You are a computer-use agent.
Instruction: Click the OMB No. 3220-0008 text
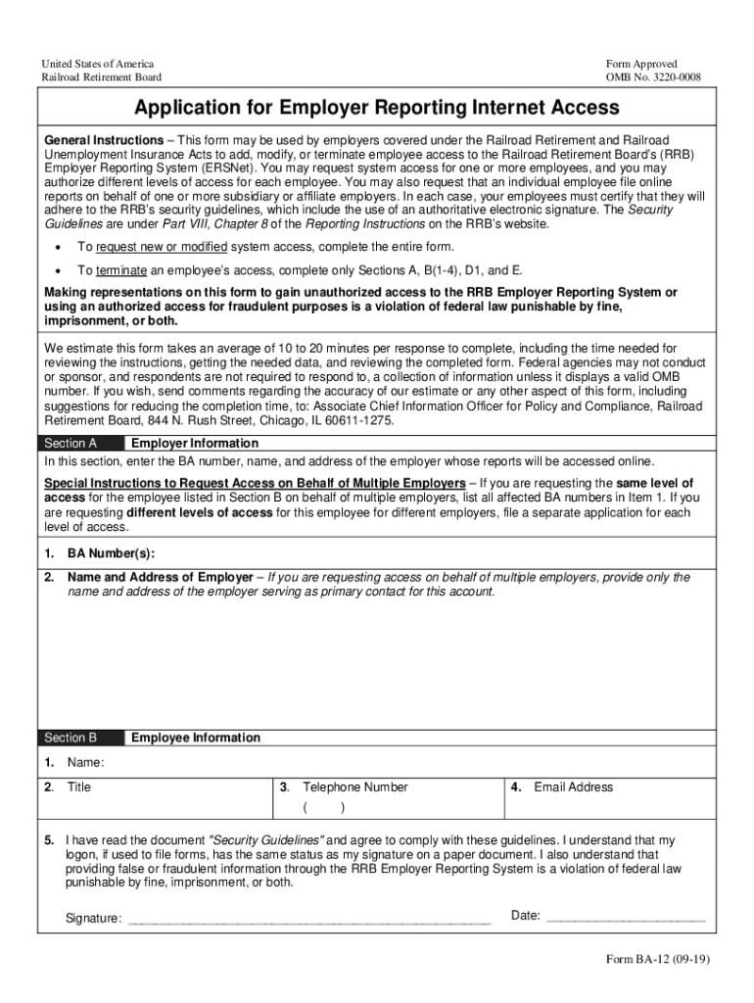(653, 77)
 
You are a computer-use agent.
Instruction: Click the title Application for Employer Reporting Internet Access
(377, 107)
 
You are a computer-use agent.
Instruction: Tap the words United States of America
(97, 64)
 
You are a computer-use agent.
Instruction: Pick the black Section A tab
(80, 443)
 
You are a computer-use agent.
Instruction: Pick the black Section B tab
(80, 738)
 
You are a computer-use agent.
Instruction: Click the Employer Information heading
(195, 443)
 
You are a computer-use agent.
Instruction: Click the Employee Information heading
(196, 738)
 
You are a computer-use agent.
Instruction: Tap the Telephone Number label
(354, 787)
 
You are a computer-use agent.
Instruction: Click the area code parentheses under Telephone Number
(323, 808)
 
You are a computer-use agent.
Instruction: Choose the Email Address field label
(573, 787)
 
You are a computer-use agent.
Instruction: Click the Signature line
(308, 918)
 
